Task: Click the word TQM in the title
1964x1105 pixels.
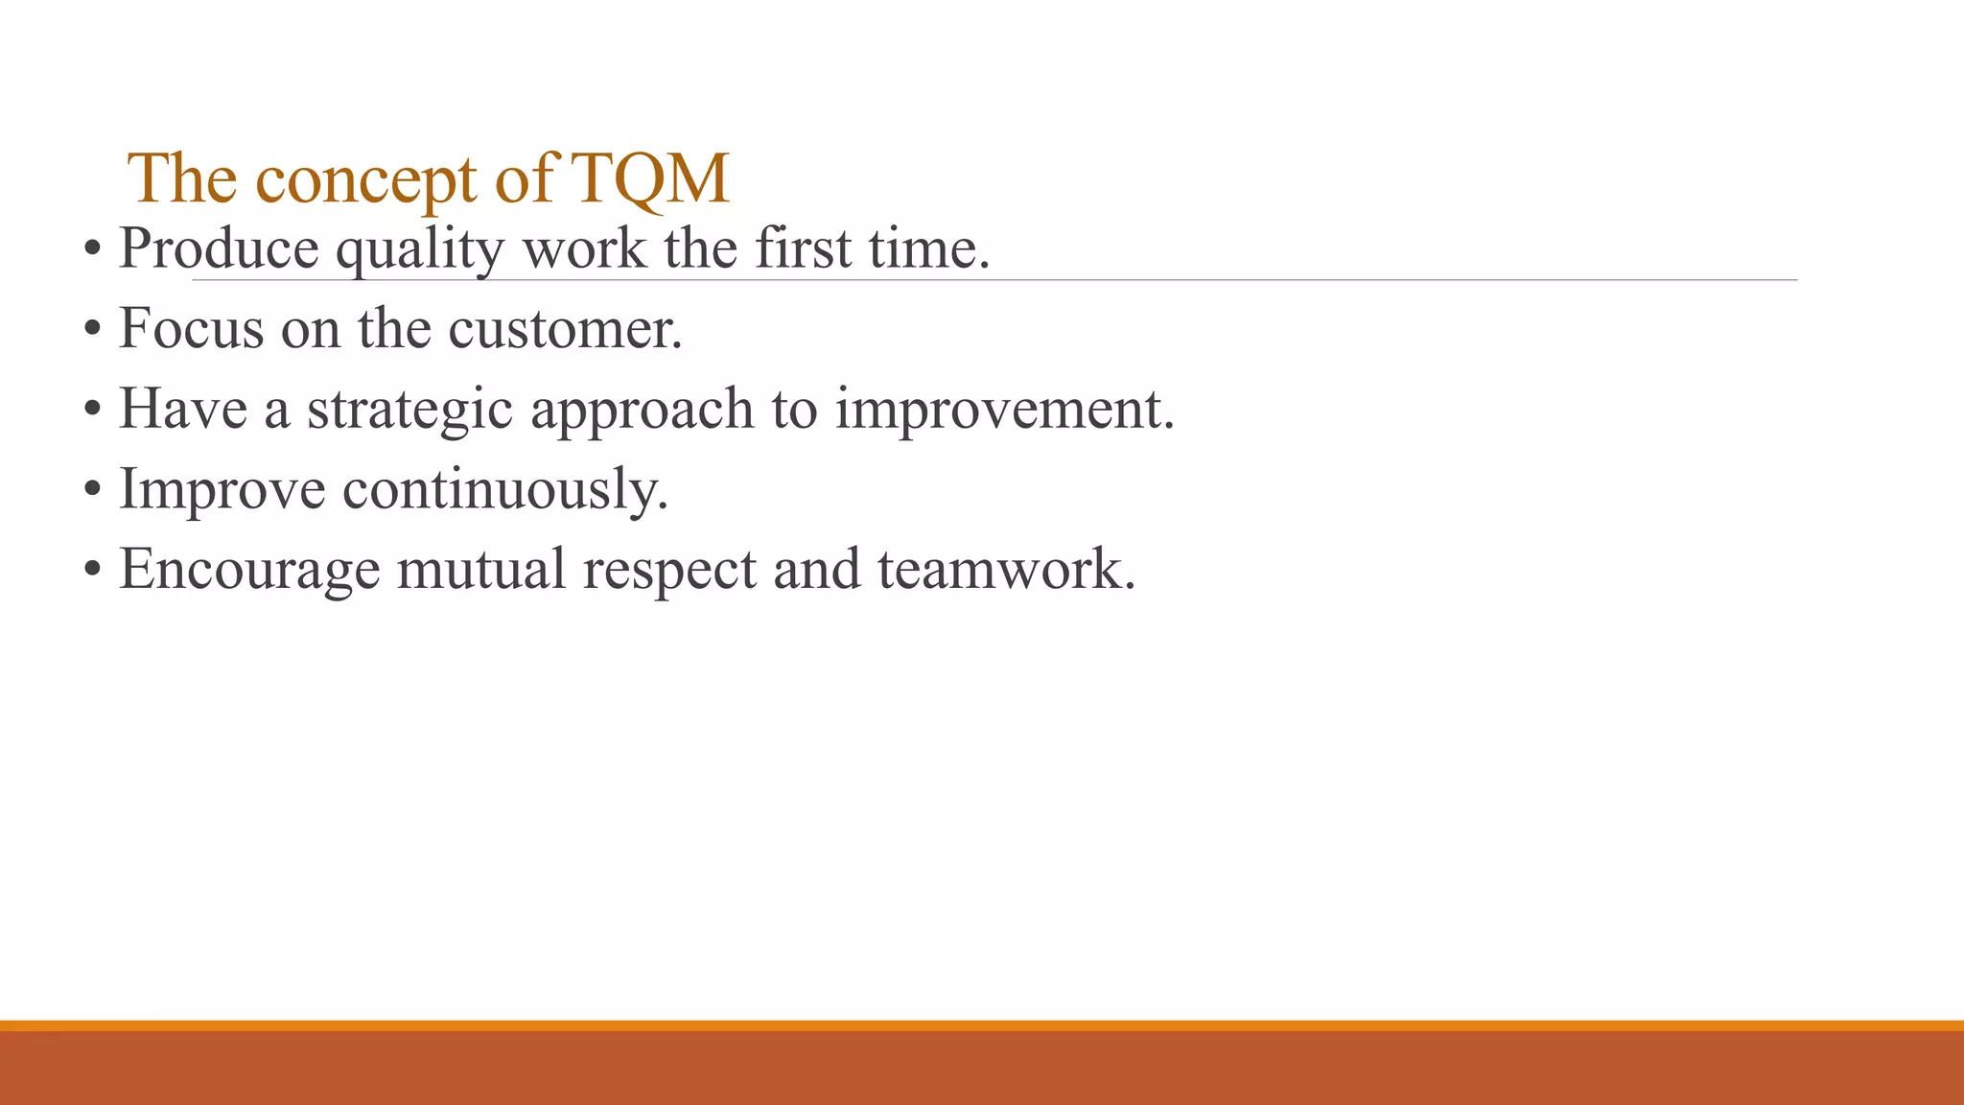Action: (x=651, y=178)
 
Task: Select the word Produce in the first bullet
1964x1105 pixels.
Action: (x=219, y=248)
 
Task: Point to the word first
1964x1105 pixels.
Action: (x=803, y=248)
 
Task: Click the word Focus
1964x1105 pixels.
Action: (x=191, y=329)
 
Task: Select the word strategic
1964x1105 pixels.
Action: (x=409, y=411)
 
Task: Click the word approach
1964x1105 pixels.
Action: (x=642, y=411)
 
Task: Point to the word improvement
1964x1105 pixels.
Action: (x=1004, y=411)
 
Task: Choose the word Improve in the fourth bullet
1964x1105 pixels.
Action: (x=222, y=490)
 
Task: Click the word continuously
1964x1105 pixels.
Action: (x=504, y=490)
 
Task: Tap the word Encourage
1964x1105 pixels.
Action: (x=249, y=571)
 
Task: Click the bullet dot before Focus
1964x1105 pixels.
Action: (x=92, y=330)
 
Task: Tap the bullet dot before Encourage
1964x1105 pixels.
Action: (x=92, y=570)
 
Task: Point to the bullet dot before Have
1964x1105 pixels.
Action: (x=92, y=410)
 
